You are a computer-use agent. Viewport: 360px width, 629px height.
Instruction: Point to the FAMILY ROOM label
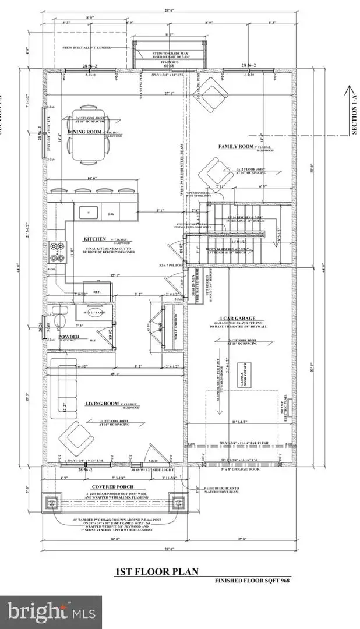click(235, 147)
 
